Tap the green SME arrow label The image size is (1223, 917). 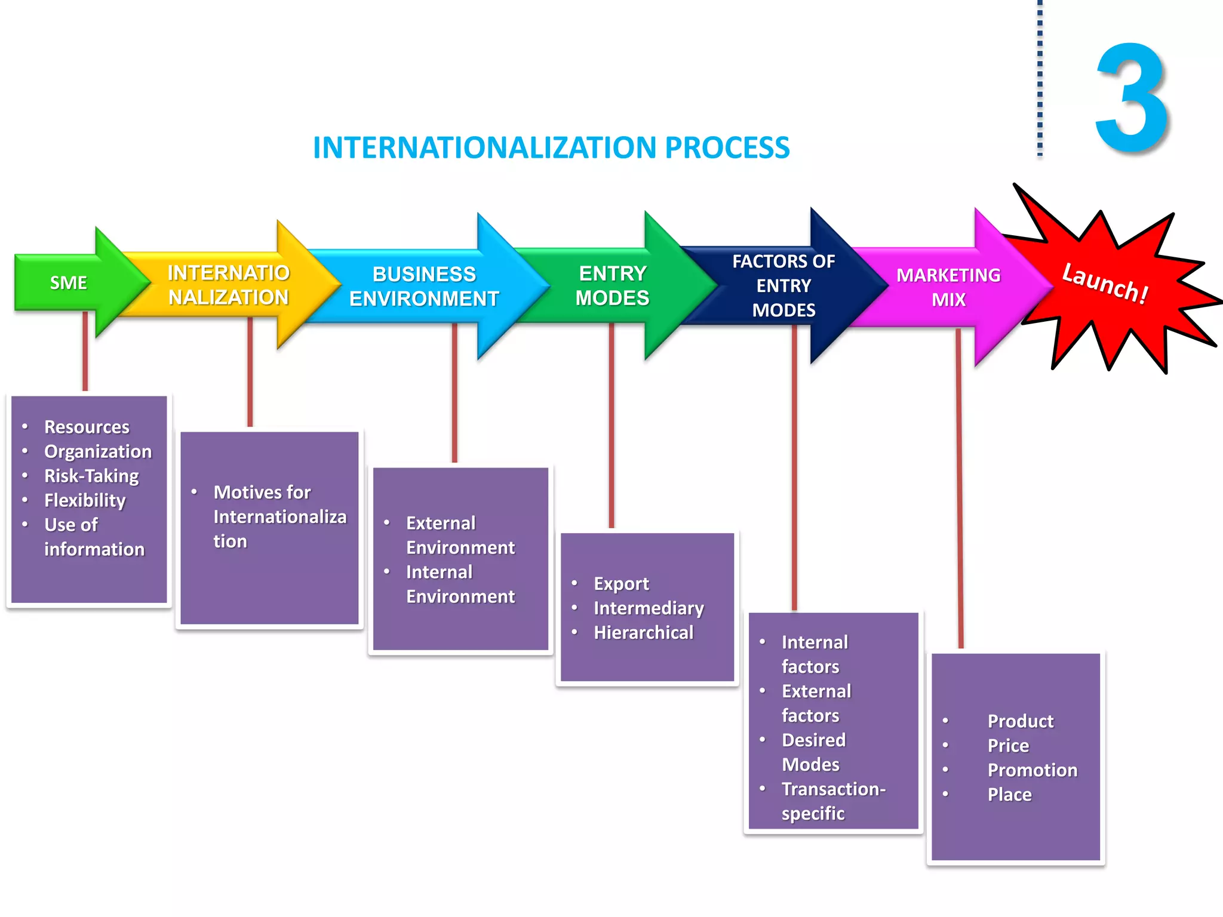(x=68, y=282)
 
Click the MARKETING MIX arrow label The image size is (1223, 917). (x=948, y=287)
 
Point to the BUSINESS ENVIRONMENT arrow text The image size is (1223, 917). (x=424, y=287)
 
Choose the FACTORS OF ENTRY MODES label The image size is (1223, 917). (x=783, y=286)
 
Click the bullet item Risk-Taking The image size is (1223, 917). (x=91, y=476)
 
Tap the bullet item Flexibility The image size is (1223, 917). (x=85, y=500)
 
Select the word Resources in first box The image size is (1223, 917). (x=87, y=427)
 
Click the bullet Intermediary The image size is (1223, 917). (x=649, y=608)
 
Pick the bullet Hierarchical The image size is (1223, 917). (x=643, y=632)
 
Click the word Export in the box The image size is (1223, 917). (x=621, y=583)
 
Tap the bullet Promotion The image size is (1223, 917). (x=1032, y=770)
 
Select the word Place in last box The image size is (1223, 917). (x=1009, y=795)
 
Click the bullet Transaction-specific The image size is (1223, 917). (x=832, y=801)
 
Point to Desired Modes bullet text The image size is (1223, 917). (x=813, y=752)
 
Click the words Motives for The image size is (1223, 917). (x=262, y=492)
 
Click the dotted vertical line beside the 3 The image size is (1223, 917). (x=1040, y=78)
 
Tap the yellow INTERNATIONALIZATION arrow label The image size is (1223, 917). (x=228, y=285)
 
